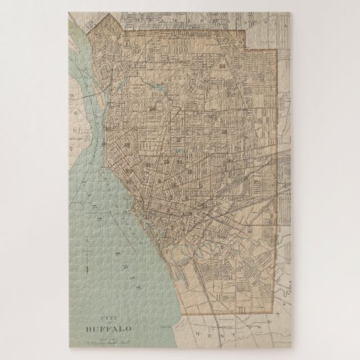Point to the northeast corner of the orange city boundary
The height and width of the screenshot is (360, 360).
coord(276,50)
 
